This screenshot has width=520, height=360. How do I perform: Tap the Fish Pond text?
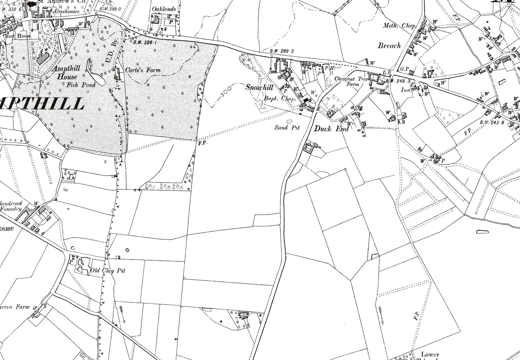pos(81,85)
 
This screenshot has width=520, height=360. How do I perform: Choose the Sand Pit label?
pos(287,127)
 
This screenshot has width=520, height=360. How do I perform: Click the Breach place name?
pos(389,45)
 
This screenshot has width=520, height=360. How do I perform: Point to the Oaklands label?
pos(164,9)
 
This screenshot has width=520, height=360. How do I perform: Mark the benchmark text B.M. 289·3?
pos(282,51)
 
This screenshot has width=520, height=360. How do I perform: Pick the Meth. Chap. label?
pos(399,26)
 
